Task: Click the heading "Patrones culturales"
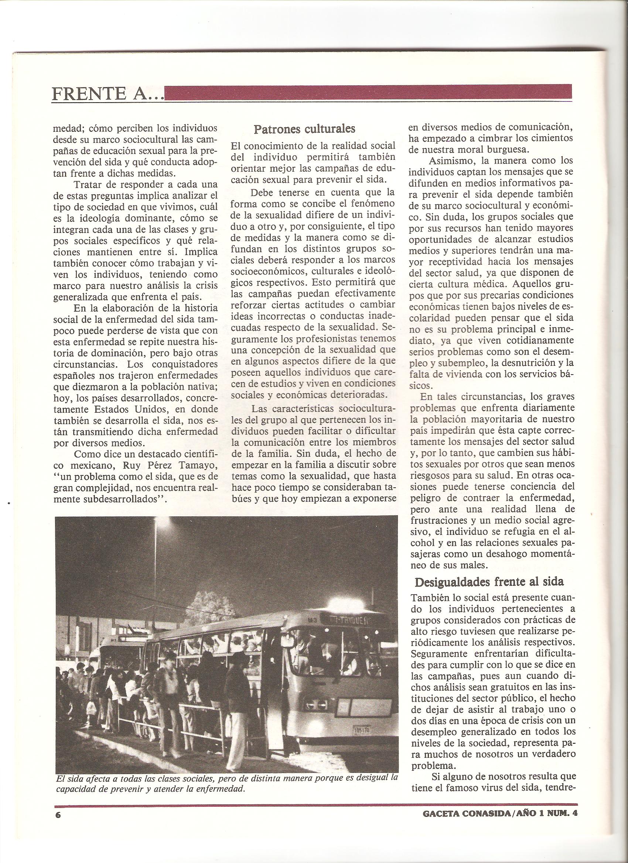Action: click(304, 129)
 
